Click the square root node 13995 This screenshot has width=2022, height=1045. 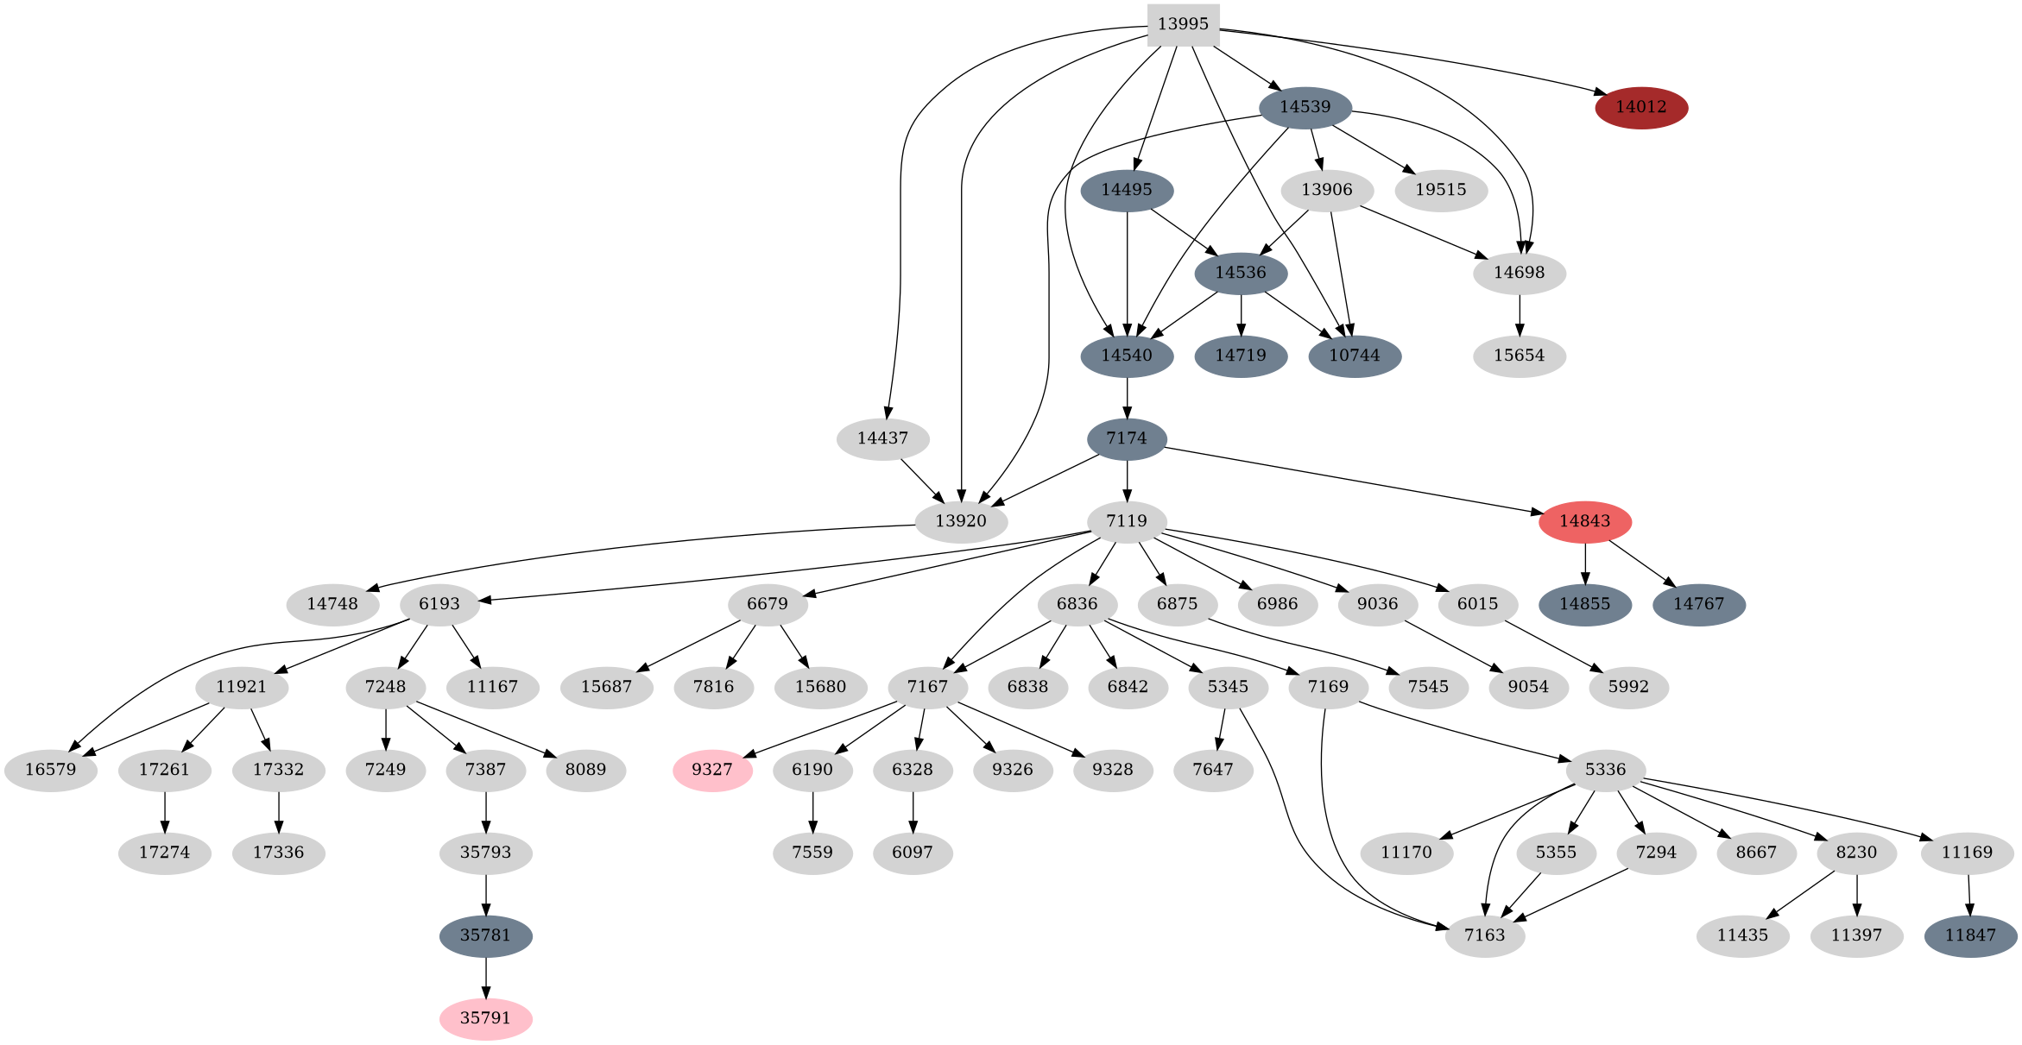pos(1183,24)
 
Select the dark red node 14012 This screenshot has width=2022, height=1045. pos(1640,108)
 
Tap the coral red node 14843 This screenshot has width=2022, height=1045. pos(1584,521)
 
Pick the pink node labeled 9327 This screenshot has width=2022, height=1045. pos(712,770)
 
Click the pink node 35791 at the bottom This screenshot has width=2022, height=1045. pos(485,1018)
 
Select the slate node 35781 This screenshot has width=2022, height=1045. pos(485,935)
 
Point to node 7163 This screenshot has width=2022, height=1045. pos(1484,935)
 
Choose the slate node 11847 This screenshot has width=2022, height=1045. pos(1970,935)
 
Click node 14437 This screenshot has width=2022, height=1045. pos(882,438)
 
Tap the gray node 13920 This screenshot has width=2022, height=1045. pos(960,521)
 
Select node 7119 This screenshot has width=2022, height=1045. pos(1127,521)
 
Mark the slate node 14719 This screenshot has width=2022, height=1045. pos(1241,356)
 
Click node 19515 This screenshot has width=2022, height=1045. pos(1440,190)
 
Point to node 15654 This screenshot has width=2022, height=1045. pos(1519,356)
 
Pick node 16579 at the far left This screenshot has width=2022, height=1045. pos(50,770)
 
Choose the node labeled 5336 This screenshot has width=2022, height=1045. pos(1605,770)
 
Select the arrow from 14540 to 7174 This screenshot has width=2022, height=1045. pos(1127,398)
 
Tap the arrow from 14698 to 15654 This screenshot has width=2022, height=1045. pos(1519,315)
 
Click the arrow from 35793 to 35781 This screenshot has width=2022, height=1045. pos(485,895)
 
